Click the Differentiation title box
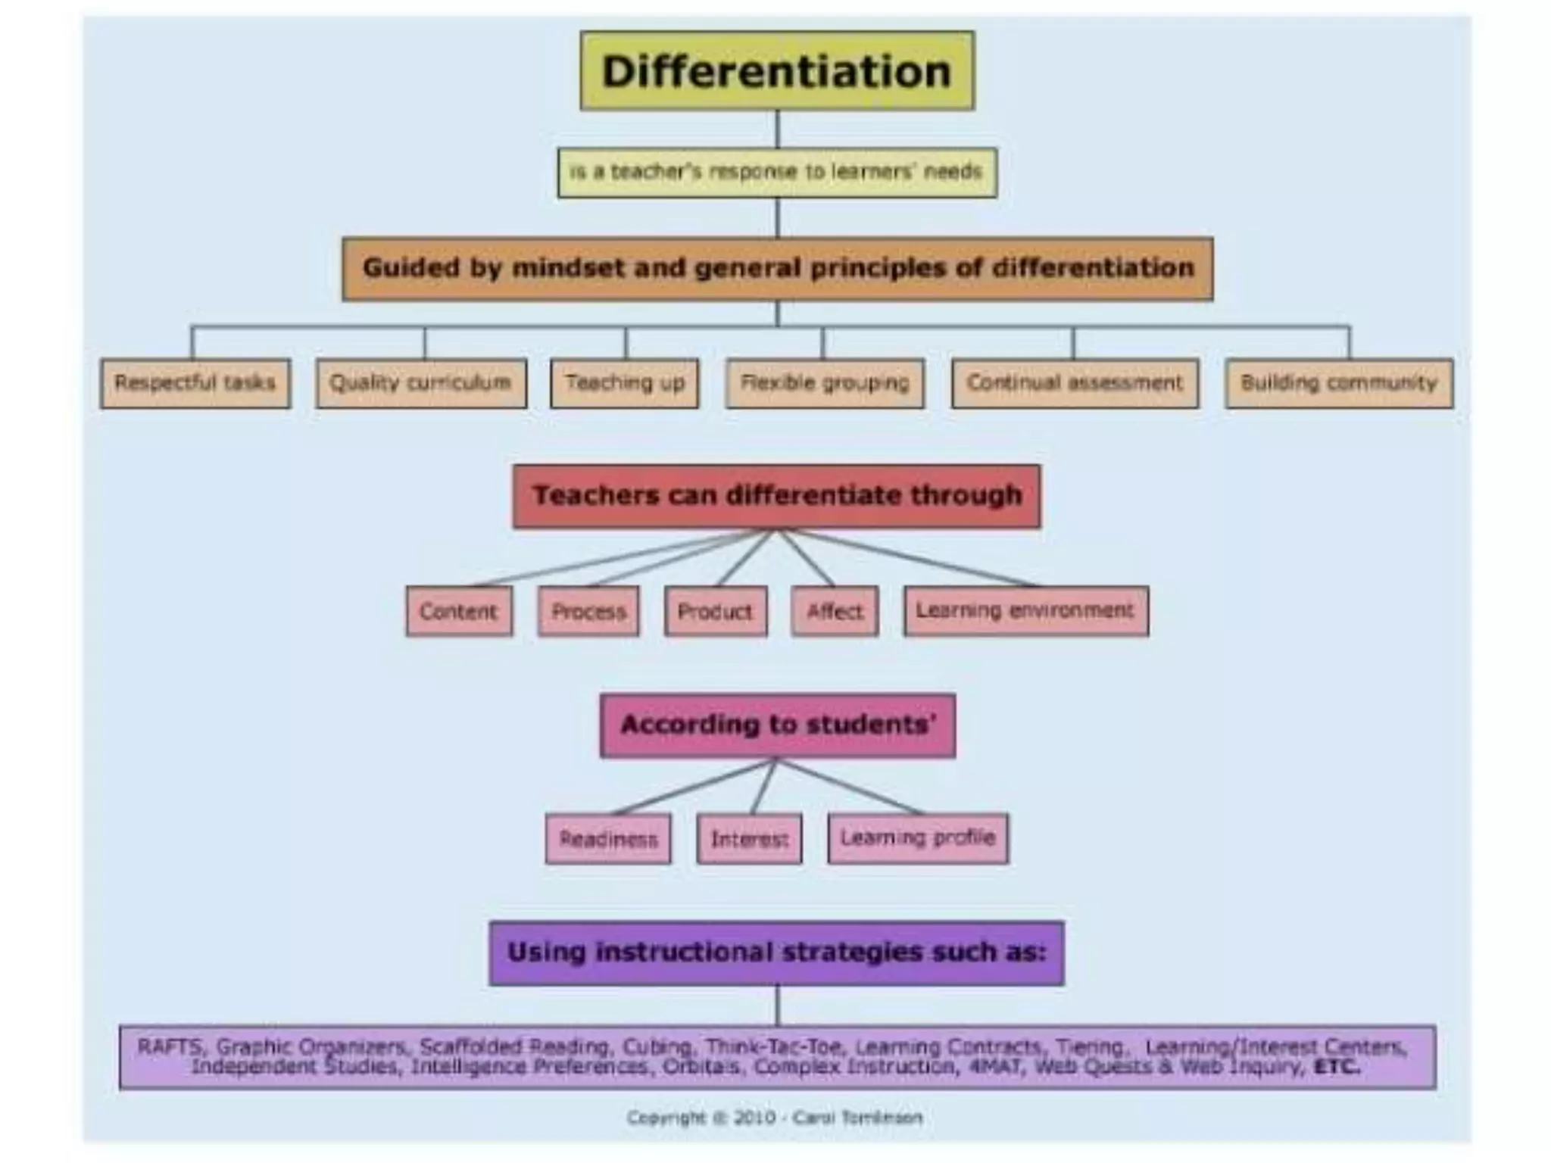777,71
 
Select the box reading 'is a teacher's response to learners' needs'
777,173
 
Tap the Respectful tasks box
195,383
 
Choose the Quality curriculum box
421,383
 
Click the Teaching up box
625,383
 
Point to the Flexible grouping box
825,383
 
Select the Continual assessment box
1075,383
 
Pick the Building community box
1339,383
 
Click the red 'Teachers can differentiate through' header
777,496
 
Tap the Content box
459,611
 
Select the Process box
588,611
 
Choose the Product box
716,611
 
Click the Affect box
835,611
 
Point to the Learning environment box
1025,611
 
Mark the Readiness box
608,839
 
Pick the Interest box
749,839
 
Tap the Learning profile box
918,838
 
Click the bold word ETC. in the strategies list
1337,1067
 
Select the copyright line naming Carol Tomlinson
775,1118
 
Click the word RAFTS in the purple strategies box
170,1047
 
